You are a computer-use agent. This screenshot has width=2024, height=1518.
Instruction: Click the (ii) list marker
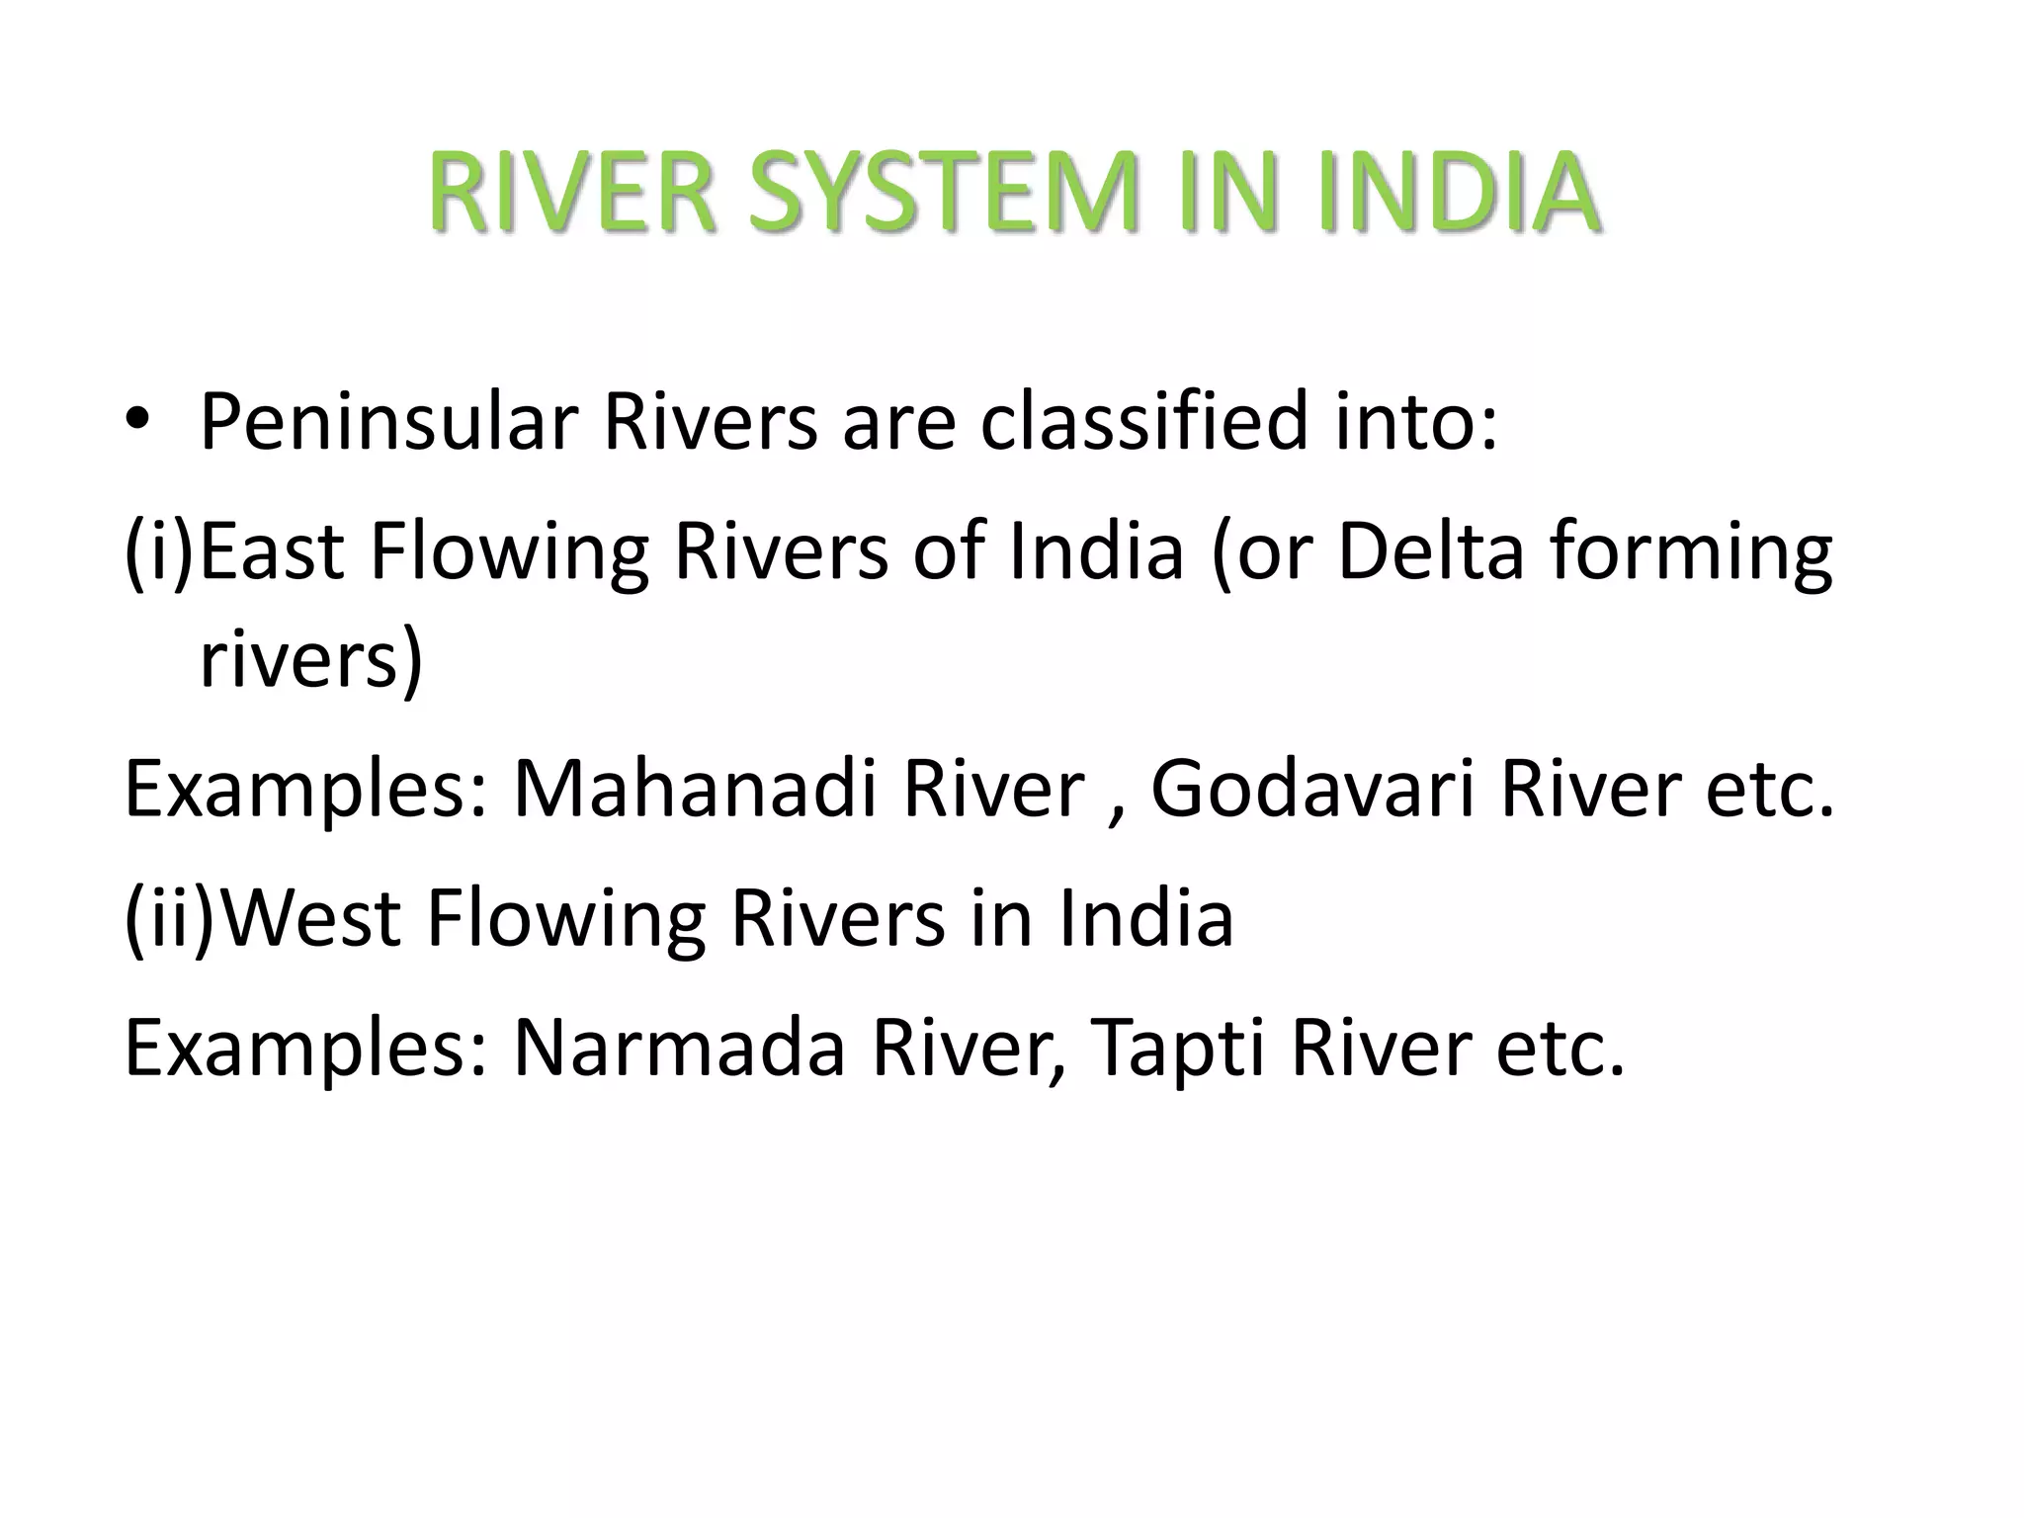tap(168, 918)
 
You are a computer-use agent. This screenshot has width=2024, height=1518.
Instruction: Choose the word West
tap(314, 918)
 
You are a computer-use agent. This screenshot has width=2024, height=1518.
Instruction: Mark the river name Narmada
tap(679, 1048)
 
